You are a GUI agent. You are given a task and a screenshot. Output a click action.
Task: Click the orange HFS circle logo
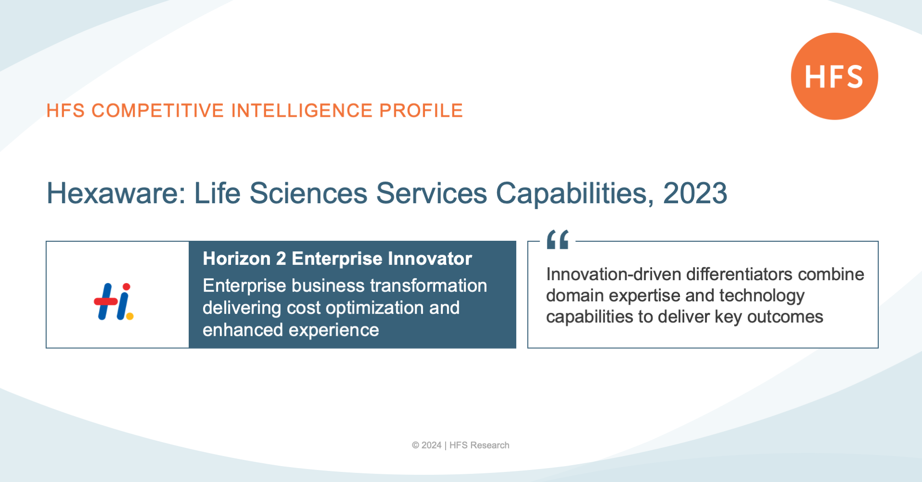click(x=835, y=76)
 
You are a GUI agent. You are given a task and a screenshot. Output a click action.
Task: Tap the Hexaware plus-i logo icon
click(x=114, y=302)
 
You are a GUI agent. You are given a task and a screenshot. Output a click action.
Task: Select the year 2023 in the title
click(x=695, y=193)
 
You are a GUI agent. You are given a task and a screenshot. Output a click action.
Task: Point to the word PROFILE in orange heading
click(x=421, y=111)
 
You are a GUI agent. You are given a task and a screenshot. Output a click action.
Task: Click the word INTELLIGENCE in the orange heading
click(x=302, y=111)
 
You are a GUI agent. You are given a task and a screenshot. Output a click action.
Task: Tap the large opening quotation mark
click(x=558, y=239)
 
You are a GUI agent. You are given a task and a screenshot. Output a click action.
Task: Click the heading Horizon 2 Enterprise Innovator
click(x=337, y=259)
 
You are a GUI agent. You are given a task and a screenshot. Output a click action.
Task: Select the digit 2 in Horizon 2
click(x=281, y=259)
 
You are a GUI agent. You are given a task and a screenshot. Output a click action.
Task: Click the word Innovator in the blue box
click(x=430, y=259)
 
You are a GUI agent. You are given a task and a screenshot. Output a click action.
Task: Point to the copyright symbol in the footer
click(x=415, y=445)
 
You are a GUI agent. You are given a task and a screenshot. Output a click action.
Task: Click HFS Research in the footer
click(x=479, y=445)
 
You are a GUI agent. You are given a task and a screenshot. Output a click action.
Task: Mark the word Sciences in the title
click(x=308, y=193)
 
